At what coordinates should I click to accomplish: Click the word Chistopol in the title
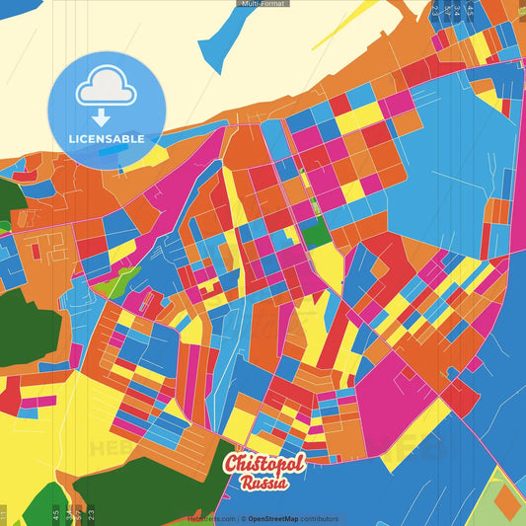pyautogui.click(x=264, y=464)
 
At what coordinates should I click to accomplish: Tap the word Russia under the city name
pyautogui.click(x=264, y=484)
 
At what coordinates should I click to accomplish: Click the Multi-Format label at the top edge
pyautogui.click(x=263, y=4)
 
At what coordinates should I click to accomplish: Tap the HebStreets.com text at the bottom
pyautogui.click(x=211, y=518)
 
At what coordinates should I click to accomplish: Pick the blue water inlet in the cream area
pyautogui.click(x=229, y=39)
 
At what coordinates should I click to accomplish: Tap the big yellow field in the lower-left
pyautogui.click(x=39, y=444)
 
